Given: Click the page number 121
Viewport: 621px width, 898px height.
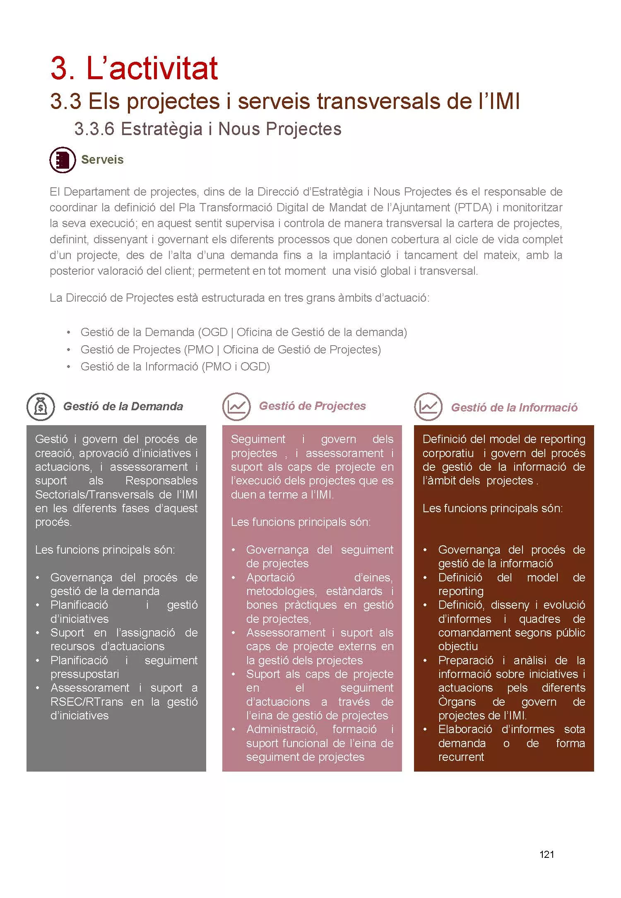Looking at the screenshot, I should [546, 854].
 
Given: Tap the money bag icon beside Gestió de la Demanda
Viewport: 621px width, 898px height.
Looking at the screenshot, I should [41, 407].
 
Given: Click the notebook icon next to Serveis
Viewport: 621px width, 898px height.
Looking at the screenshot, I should [63, 160].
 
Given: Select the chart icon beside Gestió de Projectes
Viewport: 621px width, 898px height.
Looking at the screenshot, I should [236, 407].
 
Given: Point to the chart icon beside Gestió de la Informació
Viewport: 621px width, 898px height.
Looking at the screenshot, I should [428, 407].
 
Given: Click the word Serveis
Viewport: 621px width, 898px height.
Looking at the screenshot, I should [102, 160].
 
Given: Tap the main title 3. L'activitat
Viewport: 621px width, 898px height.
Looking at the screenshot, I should [134, 68].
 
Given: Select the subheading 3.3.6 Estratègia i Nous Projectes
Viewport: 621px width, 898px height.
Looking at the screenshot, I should [208, 129].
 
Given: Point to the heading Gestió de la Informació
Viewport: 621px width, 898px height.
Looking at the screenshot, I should [514, 408].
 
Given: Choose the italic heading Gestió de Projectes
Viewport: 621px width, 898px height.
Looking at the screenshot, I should [313, 406].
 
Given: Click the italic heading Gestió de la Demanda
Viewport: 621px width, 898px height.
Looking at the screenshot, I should [123, 407].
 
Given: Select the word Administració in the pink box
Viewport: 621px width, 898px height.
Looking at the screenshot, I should [282, 729].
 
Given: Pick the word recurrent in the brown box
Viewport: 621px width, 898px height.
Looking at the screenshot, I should [461, 757].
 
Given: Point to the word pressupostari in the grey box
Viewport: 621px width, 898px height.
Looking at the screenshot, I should [84, 674].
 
